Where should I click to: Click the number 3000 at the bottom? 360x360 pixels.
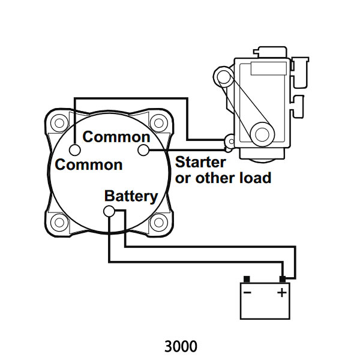[x=180, y=347]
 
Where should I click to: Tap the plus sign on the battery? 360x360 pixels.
[x=281, y=293]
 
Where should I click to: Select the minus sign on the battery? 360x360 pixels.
[x=247, y=293]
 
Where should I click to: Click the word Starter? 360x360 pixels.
[x=200, y=163]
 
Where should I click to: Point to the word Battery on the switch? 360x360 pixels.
[x=131, y=196]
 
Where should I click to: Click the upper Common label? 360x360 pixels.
[x=116, y=137]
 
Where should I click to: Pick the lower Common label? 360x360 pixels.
[x=89, y=164]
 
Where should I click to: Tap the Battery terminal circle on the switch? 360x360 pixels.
[x=110, y=211]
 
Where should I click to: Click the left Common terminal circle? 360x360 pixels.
[x=75, y=150]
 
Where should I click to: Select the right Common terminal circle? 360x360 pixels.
[x=143, y=150]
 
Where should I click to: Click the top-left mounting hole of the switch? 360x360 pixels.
[x=59, y=123]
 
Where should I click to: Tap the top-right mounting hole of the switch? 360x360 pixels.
[x=159, y=123]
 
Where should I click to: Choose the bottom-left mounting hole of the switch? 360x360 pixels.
[x=59, y=223]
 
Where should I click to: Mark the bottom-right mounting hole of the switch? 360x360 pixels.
[x=159, y=223]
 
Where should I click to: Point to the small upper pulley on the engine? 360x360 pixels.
[x=224, y=77]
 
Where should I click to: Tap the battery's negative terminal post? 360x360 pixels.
[x=246, y=279]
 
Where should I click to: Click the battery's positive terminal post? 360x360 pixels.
[x=281, y=279]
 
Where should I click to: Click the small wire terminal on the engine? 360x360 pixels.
[x=229, y=142]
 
